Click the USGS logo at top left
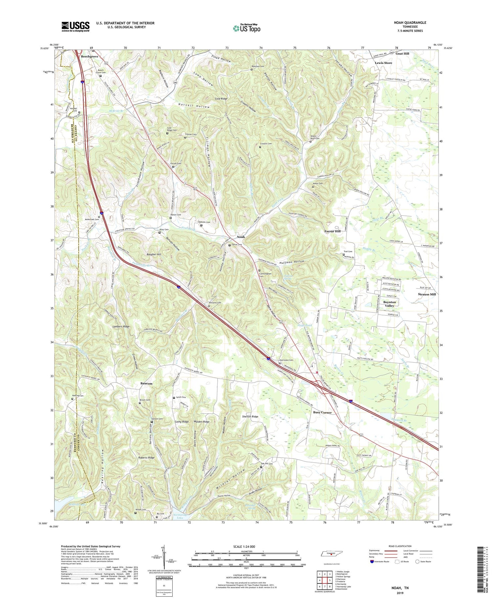tap(75, 26)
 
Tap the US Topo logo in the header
tap(246, 28)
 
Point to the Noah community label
tap(241, 237)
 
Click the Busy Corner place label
tap(322, 412)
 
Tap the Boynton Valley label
tap(389, 304)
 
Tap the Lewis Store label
tap(383, 63)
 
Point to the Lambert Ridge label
tap(121, 326)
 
